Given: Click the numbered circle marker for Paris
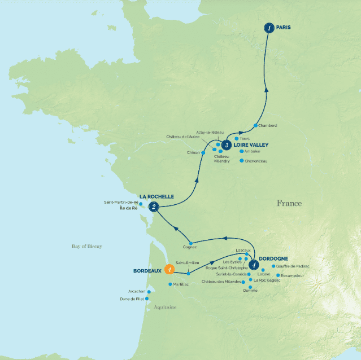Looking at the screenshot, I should tap(269, 28).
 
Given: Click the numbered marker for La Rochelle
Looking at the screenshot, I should tap(153, 208).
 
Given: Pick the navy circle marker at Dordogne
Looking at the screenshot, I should tap(254, 264).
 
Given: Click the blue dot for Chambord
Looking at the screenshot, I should tap(256, 125).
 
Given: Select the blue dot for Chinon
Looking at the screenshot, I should tap(203, 152).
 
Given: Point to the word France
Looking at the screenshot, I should tap(289, 203).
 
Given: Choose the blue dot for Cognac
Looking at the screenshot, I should tap(191, 243).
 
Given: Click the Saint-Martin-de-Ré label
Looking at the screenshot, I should tap(121, 202).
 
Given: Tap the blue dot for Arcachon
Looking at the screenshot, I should tap(149, 292).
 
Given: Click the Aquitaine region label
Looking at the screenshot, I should tap(166, 307).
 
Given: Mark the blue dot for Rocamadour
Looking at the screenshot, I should tap(278, 275).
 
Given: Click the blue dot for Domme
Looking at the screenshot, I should tap(250, 287).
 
